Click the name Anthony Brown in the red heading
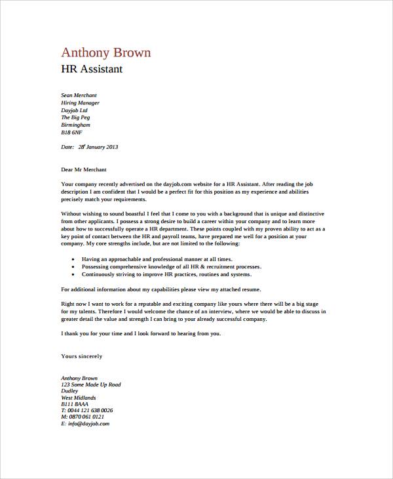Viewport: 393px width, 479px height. point(105,52)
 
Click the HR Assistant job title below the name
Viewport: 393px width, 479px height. point(91,70)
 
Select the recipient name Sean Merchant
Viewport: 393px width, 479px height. point(79,96)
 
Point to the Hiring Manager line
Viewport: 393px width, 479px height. point(80,103)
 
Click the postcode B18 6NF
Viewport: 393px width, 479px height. point(71,132)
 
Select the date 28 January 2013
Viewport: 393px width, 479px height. point(98,147)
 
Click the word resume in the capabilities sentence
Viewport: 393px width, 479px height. point(250,289)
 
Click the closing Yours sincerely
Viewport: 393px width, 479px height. point(81,356)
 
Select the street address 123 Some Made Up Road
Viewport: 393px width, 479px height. point(90,385)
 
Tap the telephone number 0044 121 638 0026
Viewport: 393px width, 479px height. point(90,410)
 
